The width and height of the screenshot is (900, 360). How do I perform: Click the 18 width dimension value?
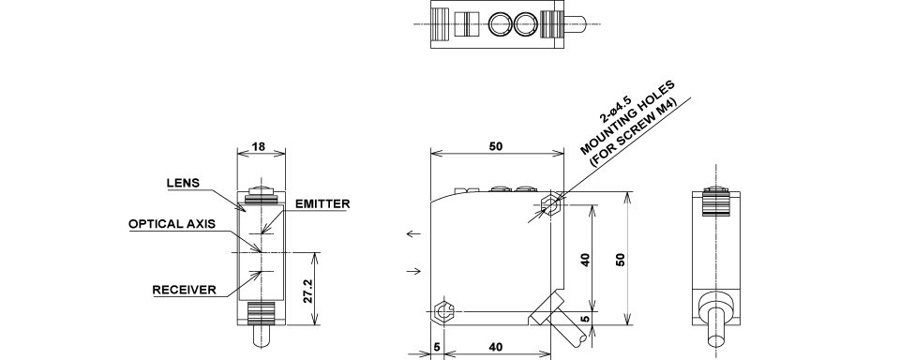point(259,146)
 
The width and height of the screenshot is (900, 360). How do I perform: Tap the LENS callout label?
point(183,183)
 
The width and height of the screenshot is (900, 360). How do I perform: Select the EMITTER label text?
point(322,203)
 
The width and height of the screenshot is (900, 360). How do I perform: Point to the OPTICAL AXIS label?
point(172,224)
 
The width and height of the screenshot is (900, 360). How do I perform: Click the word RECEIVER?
point(185,290)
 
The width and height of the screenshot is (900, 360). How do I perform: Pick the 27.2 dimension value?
point(307,292)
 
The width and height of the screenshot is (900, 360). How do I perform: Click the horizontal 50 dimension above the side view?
point(496,146)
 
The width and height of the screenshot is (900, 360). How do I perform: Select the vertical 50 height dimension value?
point(620,260)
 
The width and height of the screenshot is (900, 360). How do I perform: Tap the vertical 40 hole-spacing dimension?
point(585,260)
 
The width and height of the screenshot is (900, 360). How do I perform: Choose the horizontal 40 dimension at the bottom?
point(497,347)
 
